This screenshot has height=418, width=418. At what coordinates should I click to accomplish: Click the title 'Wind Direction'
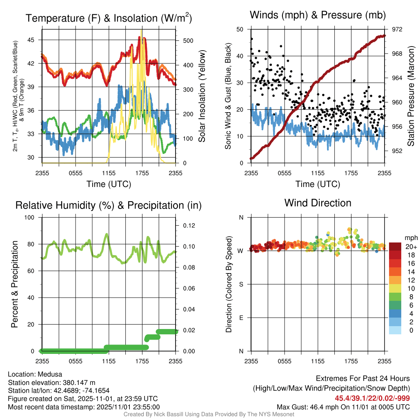click(318, 203)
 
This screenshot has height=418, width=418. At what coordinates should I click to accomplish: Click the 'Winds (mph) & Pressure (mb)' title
click(318, 16)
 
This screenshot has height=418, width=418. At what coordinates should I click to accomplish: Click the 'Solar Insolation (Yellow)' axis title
click(202, 96)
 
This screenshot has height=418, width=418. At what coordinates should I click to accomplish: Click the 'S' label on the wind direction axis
click(241, 285)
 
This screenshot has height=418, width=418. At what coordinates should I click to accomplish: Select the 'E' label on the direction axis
click(241, 318)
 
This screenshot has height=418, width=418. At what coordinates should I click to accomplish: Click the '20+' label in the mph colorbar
click(411, 247)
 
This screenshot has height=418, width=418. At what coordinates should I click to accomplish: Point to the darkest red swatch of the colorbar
click(395, 247)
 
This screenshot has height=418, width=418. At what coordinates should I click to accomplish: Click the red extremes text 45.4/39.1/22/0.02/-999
click(372, 398)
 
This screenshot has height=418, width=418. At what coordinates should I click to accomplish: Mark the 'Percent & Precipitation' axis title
click(15, 284)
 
